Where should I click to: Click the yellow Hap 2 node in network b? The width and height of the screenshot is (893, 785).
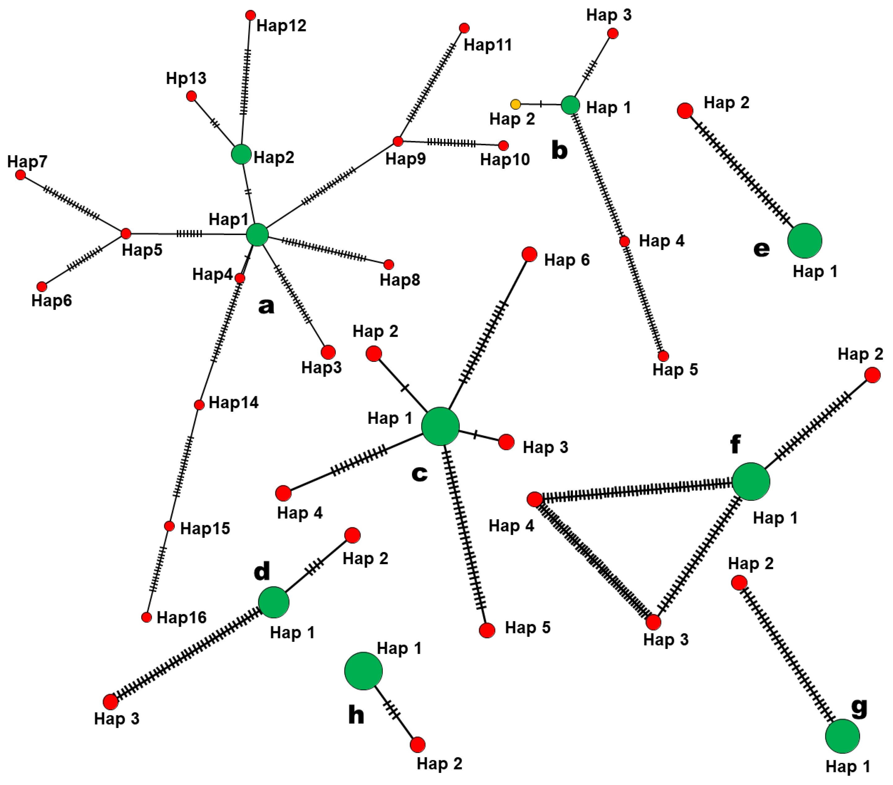pos(515,104)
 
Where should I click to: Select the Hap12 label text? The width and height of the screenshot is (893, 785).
pos(281,26)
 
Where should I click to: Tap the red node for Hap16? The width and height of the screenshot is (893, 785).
pos(147,617)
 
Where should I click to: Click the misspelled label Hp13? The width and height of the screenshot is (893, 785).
pos(186,79)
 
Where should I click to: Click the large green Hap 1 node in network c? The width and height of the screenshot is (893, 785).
pos(440,426)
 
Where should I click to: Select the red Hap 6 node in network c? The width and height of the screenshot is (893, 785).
pos(529,254)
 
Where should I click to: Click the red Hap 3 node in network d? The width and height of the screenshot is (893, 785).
pos(111,702)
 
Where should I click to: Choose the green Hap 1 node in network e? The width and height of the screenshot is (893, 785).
pos(805,241)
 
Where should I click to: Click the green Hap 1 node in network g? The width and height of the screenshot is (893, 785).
pos(842,736)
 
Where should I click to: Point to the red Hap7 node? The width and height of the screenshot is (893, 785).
pos(20,175)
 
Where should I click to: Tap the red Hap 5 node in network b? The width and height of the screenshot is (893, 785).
pos(663,356)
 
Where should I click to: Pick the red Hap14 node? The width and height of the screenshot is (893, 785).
pos(199,405)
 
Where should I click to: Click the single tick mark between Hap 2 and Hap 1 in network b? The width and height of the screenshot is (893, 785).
pos(541,104)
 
